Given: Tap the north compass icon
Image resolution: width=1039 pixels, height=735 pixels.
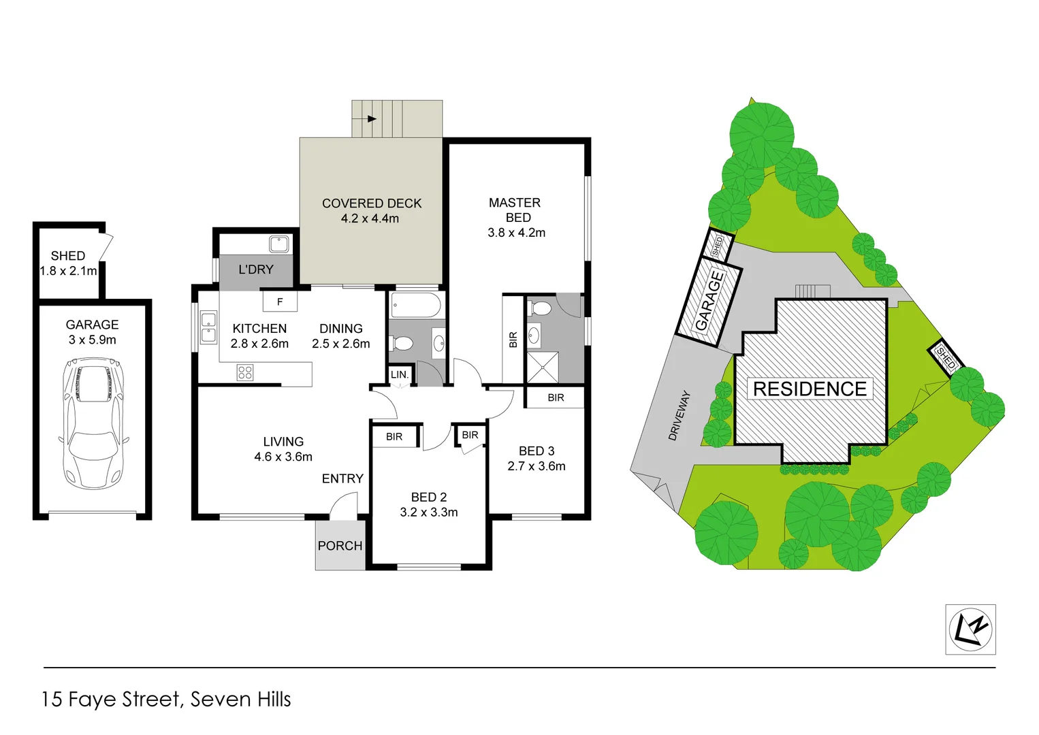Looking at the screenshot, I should point(970,630).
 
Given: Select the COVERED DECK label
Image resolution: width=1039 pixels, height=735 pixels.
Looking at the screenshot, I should point(372,203).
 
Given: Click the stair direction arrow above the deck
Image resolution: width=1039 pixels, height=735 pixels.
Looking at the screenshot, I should point(371,118).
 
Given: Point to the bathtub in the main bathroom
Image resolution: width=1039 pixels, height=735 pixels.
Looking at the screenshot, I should point(416,306).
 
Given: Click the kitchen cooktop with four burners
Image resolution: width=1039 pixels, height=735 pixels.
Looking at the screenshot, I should point(245,372).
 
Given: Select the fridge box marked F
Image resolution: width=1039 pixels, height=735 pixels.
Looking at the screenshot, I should point(280,301).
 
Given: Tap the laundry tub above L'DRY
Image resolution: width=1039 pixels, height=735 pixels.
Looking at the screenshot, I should point(279,244).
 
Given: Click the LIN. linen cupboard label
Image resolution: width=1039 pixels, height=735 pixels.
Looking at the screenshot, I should point(400,374).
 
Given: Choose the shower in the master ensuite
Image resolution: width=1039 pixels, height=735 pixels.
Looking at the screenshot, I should point(543,367).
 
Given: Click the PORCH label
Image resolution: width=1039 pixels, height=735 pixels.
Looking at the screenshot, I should point(340,546).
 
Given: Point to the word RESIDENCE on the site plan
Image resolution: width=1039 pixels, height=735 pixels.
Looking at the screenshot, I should point(810,389).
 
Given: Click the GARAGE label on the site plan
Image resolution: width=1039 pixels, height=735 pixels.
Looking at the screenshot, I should point(709,300).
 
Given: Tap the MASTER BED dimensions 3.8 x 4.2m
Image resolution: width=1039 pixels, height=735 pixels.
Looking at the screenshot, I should point(516,233).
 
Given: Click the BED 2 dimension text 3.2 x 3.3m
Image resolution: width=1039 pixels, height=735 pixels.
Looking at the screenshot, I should point(429,512).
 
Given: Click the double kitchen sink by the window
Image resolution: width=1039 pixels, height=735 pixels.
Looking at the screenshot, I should point(208,327).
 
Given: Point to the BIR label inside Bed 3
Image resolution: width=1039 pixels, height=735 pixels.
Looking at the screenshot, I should point(556,397).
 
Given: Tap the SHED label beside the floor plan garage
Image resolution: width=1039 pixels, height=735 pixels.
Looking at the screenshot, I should point(68,256).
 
